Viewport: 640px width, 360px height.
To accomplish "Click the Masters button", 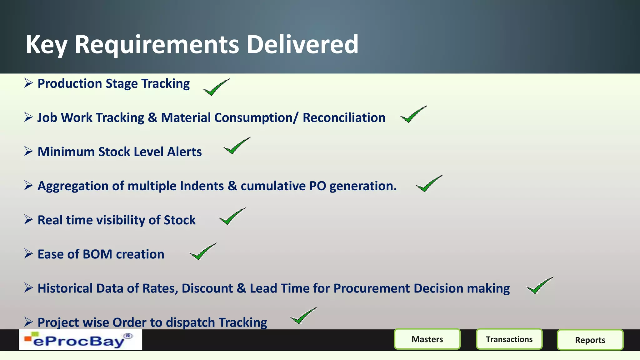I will coord(427,339).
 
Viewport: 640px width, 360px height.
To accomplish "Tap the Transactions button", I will coord(509,339).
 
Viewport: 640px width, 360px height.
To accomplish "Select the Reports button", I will coord(590,340).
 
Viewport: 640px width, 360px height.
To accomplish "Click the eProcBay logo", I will coord(80,340).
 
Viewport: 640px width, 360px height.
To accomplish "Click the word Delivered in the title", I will coord(302,44).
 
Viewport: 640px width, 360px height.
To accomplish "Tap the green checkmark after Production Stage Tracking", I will coord(216,87).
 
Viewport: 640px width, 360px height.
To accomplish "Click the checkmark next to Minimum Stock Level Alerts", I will coord(237,146).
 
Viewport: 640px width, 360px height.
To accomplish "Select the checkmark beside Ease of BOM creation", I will coord(203,252).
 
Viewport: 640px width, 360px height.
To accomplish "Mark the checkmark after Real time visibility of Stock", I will coord(232,216).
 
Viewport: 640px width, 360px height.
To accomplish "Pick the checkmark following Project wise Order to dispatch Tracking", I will coord(303,316).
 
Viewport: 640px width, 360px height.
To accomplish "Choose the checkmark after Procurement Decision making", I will coord(539,285).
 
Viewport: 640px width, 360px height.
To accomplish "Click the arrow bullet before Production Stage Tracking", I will coord(28,83).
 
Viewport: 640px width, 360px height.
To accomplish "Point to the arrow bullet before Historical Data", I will coord(28,288).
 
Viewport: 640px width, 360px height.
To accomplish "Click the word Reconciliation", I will coord(344,118).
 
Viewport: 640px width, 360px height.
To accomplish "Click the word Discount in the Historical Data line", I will coord(207,288).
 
